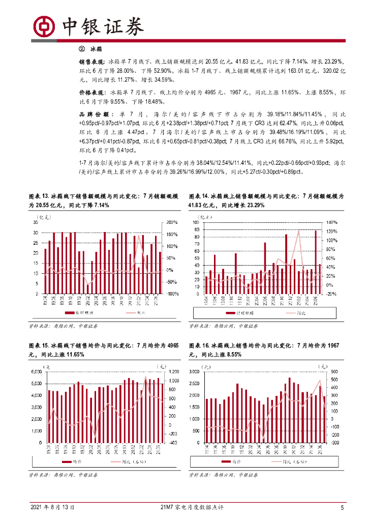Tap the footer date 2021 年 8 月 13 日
[53, 507]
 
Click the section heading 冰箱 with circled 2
[92, 49]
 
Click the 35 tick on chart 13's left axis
[36, 222]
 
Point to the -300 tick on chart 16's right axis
[334, 443]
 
